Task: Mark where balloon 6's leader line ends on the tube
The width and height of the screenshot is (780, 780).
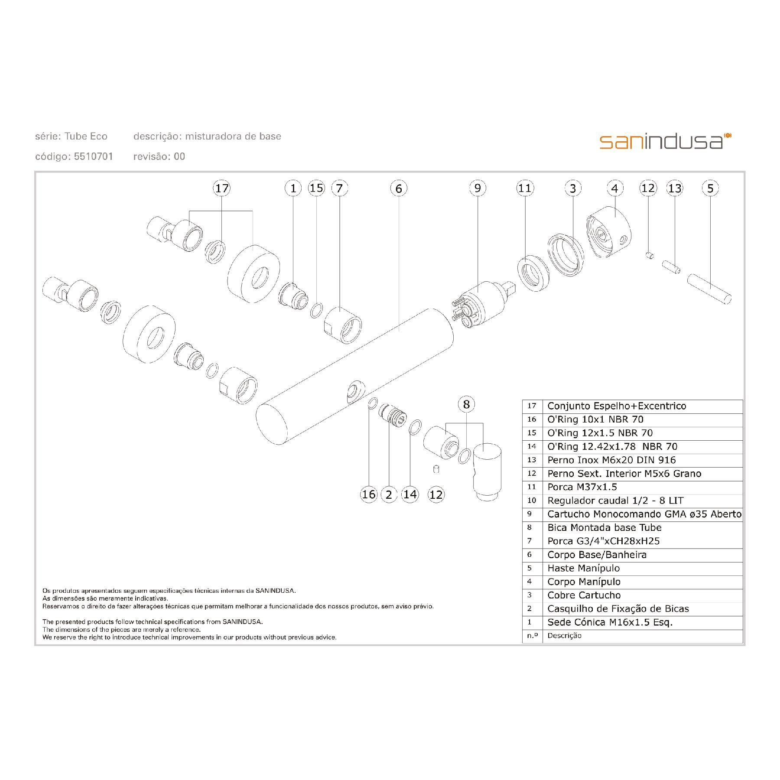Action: (399, 331)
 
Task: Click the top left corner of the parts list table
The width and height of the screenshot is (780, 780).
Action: (523, 400)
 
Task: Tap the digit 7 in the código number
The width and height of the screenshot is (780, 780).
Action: (96, 156)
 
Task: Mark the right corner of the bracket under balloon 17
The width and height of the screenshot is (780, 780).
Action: (253, 211)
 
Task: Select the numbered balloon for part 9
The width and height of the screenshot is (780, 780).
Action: (478, 188)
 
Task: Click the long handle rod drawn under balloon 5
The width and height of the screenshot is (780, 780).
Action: (709, 288)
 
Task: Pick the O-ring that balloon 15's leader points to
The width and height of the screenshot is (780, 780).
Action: (316, 310)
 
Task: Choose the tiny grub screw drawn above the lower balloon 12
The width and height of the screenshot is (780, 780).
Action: (437, 469)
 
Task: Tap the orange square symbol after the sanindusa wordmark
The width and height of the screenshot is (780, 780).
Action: (728, 136)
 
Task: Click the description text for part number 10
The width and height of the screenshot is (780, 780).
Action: (615, 500)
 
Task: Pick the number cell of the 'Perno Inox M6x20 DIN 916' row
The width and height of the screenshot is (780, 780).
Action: (532, 460)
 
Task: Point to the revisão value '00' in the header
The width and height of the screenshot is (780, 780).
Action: (179, 156)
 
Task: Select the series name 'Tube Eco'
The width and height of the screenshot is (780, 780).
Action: (86, 136)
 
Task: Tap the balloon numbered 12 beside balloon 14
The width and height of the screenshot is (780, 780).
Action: (436, 494)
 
